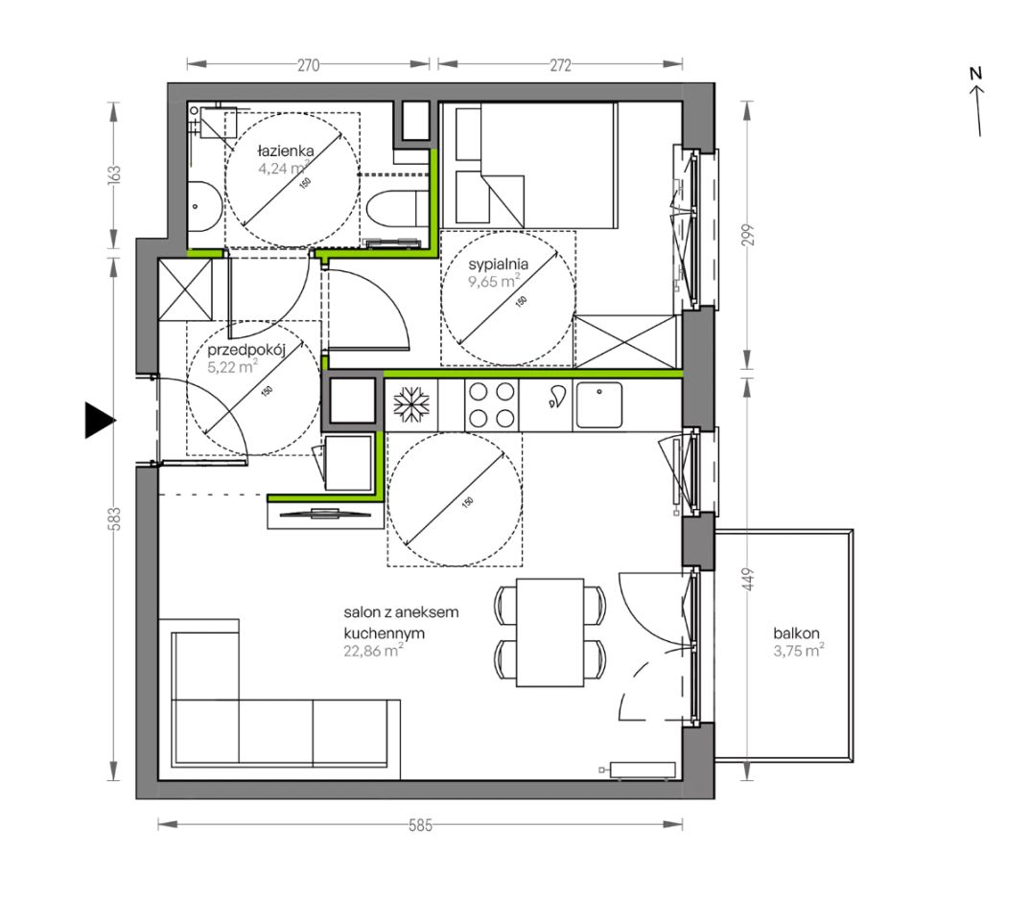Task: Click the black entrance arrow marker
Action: click(x=99, y=420)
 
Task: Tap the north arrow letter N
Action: click(x=975, y=74)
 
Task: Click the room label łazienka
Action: click(x=285, y=150)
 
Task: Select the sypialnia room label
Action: click(x=498, y=264)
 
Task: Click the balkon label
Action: click(x=796, y=633)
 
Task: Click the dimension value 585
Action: click(x=420, y=825)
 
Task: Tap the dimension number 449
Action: click(x=750, y=580)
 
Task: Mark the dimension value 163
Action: click(x=115, y=175)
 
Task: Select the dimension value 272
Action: click(x=560, y=65)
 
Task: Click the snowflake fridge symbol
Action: click(x=411, y=403)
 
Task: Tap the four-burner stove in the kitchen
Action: click(x=492, y=404)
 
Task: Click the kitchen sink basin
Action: click(x=598, y=404)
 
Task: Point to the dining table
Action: click(x=550, y=632)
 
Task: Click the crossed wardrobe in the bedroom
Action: click(x=625, y=341)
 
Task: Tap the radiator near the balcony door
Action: click(x=642, y=770)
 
